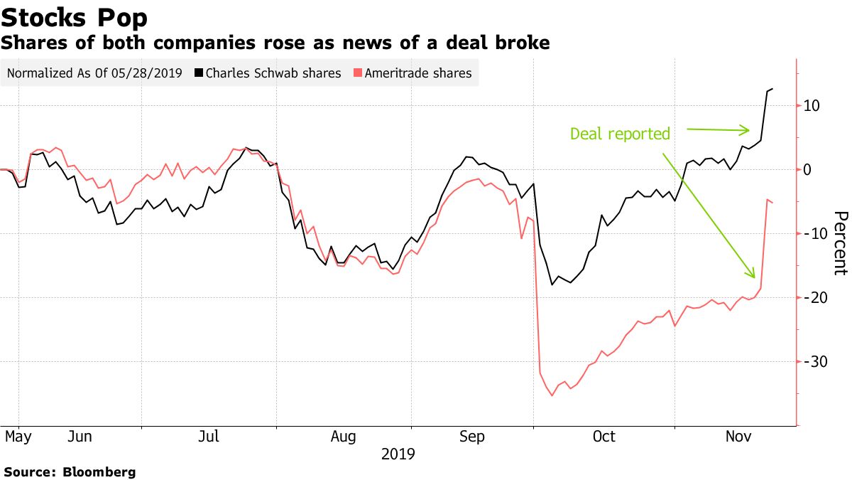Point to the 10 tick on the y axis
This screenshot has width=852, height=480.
click(x=812, y=105)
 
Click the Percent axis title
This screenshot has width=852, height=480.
click(x=840, y=242)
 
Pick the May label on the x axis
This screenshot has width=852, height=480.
click(x=18, y=437)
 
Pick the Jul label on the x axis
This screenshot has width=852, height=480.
click(x=209, y=437)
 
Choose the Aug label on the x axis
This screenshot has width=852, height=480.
click(x=344, y=437)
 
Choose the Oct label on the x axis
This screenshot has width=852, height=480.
click(x=604, y=437)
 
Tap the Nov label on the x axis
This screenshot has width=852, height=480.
click(x=738, y=437)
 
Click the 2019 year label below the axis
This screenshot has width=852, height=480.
click(x=398, y=454)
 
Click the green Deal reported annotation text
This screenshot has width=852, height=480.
click(x=620, y=134)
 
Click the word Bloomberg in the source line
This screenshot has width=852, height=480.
click(x=99, y=471)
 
